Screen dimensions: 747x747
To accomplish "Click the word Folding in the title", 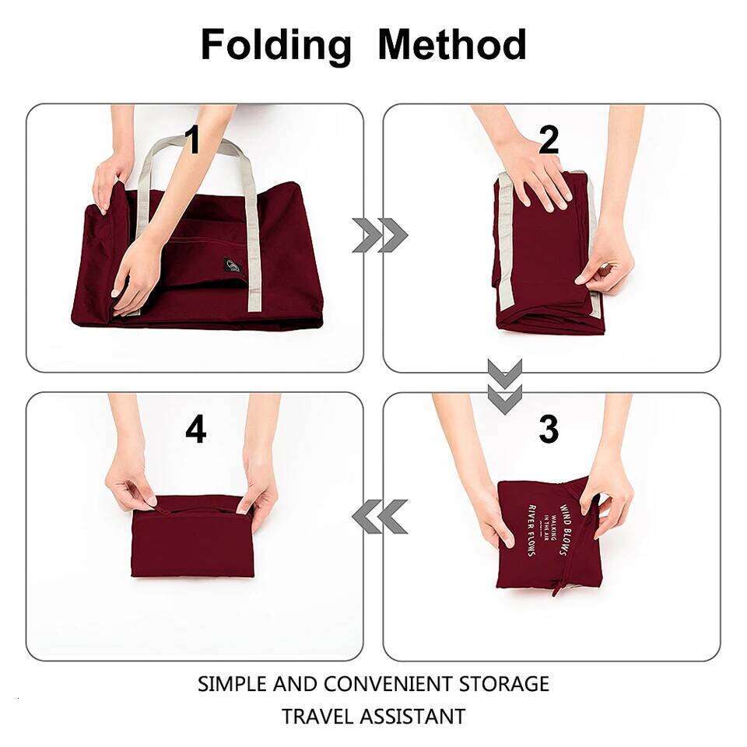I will click(276, 45).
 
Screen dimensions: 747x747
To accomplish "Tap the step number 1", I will click(192, 141).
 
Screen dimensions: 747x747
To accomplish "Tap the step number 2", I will click(549, 141).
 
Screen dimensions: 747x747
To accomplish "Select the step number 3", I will click(549, 430).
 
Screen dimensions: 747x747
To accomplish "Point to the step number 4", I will click(195, 430).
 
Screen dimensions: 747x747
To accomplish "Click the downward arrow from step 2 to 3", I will click(505, 386).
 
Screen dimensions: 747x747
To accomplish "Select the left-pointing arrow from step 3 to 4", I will click(380, 517).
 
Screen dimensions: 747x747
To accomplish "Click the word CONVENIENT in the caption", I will click(387, 685).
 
